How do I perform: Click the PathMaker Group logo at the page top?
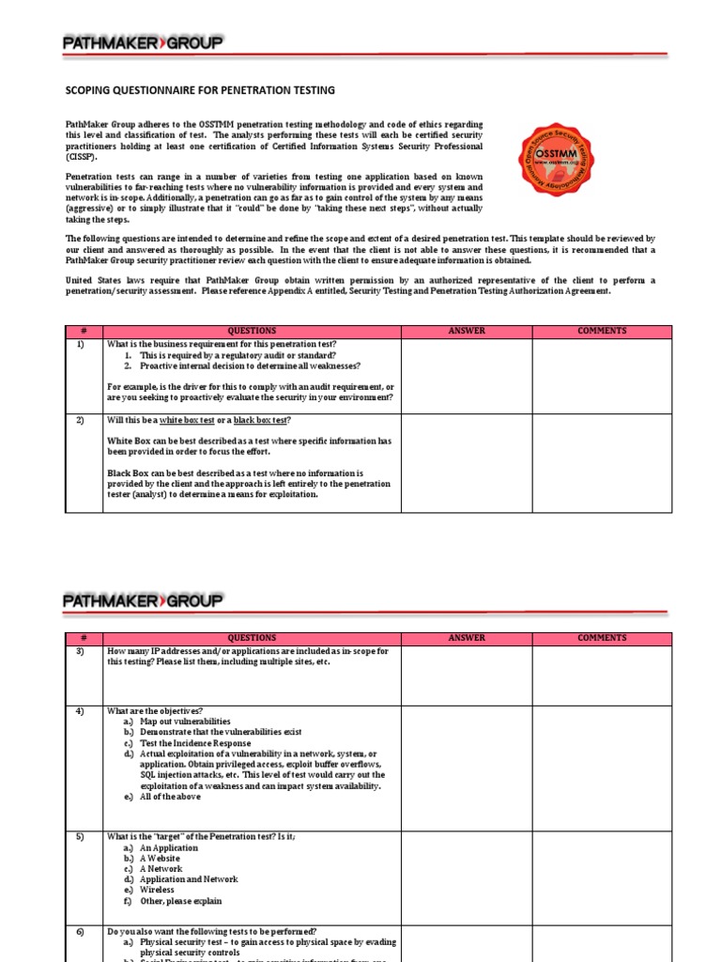click(x=143, y=43)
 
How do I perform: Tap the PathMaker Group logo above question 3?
click(x=143, y=599)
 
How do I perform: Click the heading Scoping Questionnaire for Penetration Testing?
click(x=199, y=90)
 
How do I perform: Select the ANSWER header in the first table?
click(x=467, y=331)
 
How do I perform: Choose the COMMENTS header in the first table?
click(x=602, y=331)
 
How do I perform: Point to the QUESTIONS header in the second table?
click(x=252, y=638)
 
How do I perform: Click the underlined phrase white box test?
click(x=188, y=420)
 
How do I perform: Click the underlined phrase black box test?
click(x=261, y=420)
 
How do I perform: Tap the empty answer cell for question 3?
click(x=467, y=675)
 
